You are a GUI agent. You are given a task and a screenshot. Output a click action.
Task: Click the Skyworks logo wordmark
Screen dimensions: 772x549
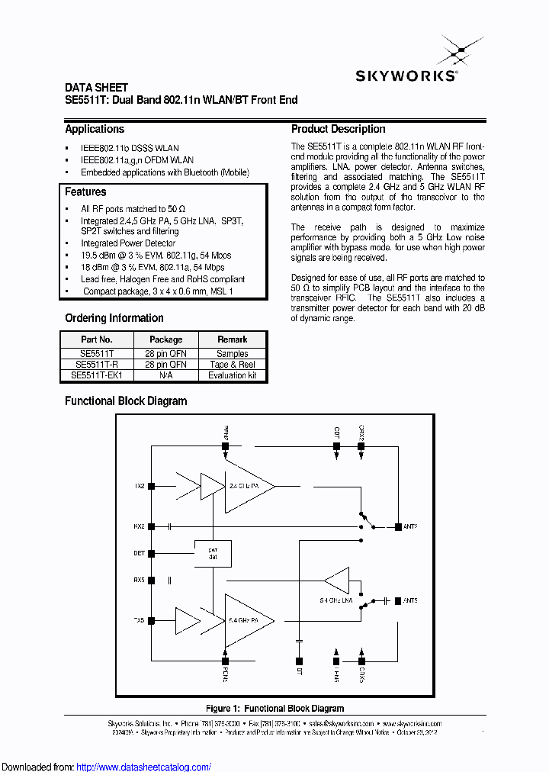[406, 76]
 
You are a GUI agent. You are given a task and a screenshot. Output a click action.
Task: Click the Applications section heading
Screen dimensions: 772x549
[95, 129]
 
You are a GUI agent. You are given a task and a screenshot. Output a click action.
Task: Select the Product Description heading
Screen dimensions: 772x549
[339, 129]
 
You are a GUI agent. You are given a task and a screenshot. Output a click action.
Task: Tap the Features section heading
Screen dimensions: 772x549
[85, 192]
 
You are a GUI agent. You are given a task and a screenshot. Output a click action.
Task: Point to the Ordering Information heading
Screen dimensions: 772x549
[114, 318]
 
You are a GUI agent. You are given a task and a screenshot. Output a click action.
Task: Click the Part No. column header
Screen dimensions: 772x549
[97, 339]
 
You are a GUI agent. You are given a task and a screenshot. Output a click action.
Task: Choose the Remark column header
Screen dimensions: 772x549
[232, 339]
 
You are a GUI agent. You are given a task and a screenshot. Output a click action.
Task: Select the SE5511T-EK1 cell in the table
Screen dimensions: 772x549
[97, 375]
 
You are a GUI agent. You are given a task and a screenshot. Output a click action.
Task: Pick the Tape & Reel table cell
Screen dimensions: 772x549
[232, 365]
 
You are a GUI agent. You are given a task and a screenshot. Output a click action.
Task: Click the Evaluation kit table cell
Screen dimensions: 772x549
[232, 375]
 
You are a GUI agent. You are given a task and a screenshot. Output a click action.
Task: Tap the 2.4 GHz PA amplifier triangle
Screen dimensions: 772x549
[248, 484]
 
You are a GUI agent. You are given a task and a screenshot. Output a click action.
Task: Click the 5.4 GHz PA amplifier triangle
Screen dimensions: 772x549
[248, 620]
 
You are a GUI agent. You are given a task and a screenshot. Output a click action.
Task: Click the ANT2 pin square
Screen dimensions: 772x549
[398, 526]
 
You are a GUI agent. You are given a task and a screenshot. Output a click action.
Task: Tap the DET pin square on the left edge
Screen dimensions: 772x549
[152, 553]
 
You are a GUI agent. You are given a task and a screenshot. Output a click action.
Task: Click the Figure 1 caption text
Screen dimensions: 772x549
[274, 709]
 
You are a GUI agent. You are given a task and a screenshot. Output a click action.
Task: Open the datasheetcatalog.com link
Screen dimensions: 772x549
[144, 767]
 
